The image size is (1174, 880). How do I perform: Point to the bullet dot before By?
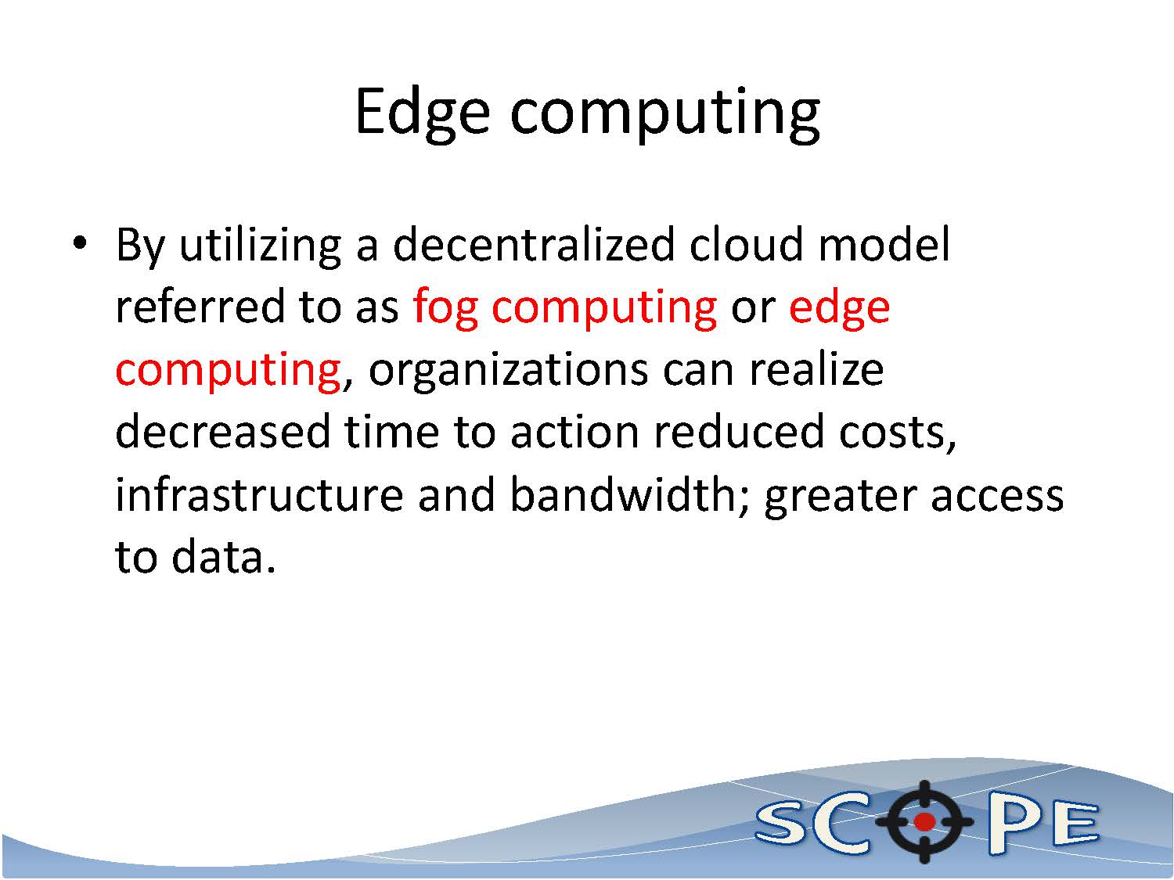[x=80, y=243]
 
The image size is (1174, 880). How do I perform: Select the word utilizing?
[x=260, y=246]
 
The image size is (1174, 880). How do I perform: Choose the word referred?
[x=199, y=307]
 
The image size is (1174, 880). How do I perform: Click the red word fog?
[x=445, y=309]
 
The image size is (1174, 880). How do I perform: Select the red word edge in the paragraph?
[x=839, y=309]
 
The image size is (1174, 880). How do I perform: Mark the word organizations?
[x=508, y=372]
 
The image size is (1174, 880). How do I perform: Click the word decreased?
[x=223, y=432]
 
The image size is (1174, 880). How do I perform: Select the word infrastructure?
[x=259, y=495]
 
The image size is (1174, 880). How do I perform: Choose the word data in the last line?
[x=223, y=557]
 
